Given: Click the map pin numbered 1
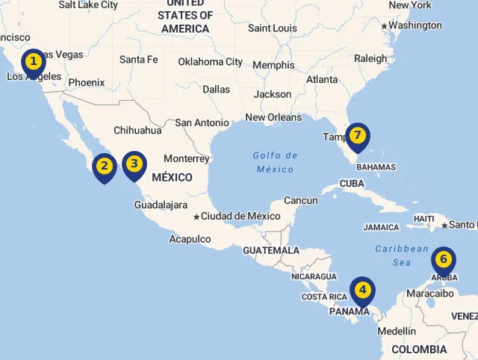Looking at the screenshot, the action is tap(33, 61).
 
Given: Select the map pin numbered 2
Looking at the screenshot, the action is tap(105, 166).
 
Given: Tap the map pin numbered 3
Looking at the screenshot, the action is tap(134, 164).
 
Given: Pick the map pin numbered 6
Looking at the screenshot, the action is tap(444, 260).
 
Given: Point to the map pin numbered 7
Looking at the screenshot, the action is tap(358, 135).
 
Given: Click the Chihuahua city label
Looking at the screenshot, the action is tap(137, 130).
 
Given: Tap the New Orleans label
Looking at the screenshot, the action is tap(273, 117).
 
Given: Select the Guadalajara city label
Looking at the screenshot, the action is tap(161, 204).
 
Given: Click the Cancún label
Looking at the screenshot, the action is tap(301, 200).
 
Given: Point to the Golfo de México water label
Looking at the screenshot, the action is tap(275, 162).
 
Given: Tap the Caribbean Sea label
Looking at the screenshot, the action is tap(402, 255).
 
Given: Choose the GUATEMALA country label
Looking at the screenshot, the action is tap(271, 250).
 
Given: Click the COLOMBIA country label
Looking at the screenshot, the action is tap(419, 349).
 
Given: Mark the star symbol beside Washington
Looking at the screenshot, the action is tap(384, 26).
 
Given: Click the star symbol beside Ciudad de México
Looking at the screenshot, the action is tap(196, 217).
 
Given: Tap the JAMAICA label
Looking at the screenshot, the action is tap(381, 227).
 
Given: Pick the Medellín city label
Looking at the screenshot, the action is tap(397, 331).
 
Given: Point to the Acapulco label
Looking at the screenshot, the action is tap(190, 239).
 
